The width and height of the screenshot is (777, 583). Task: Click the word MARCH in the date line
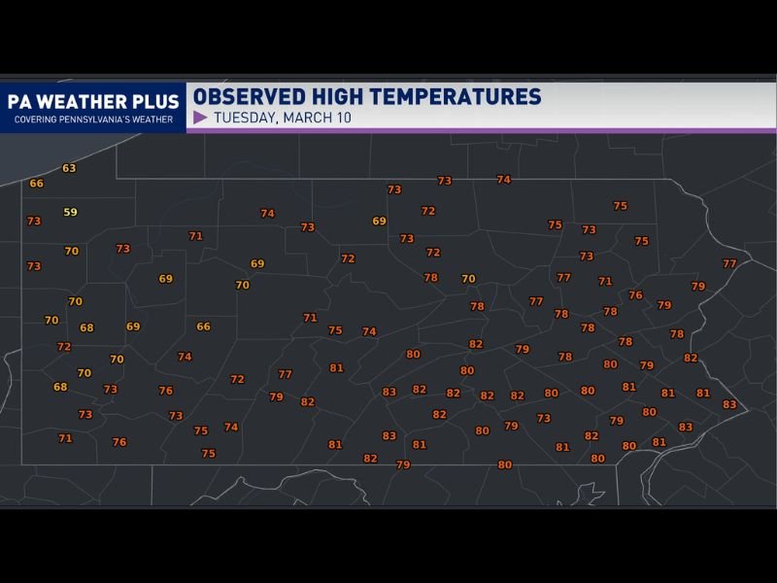pyautogui.click(x=311, y=119)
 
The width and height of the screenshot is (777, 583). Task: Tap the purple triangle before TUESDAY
pyautogui.click(x=200, y=119)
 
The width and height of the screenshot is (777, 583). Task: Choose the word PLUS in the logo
pyautogui.click(x=157, y=102)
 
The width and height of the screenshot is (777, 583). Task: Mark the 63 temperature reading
pyautogui.click(x=69, y=168)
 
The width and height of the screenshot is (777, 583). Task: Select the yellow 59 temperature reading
pyautogui.click(x=70, y=212)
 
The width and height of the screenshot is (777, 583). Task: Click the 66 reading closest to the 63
pyautogui.click(x=36, y=184)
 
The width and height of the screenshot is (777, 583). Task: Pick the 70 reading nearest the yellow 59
pyautogui.click(x=71, y=251)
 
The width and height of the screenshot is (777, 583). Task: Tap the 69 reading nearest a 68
pyautogui.click(x=133, y=326)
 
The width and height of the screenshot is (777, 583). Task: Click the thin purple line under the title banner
pyautogui.click(x=481, y=130)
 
